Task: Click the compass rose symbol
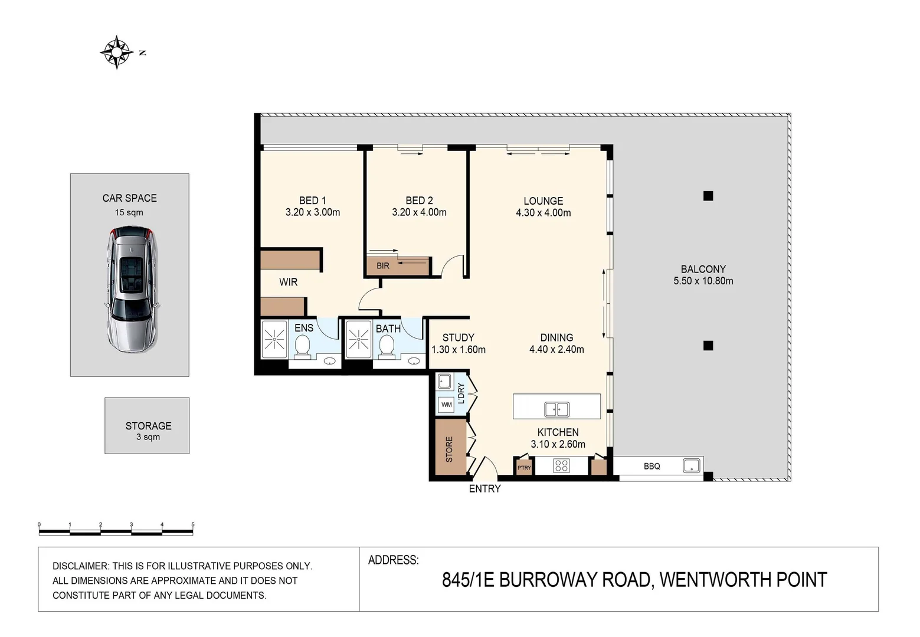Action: point(117,52)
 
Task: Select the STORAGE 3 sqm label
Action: point(148,430)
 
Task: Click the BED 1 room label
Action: point(312,201)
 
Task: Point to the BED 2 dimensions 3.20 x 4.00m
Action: point(419,212)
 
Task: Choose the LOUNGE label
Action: point(543,201)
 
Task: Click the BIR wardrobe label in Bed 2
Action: point(383,266)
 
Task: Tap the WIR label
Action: point(288,282)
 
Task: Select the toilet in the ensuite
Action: point(303,346)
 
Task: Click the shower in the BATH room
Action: point(358,340)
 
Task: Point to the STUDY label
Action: point(458,337)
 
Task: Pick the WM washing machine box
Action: point(446,405)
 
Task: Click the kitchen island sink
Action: point(556,409)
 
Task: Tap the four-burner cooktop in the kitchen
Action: point(561,467)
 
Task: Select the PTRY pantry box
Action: point(523,467)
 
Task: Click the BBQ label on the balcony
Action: point(651,466)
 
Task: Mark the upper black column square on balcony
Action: point(708,196)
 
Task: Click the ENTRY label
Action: point(484,488)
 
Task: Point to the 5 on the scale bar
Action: point(192,524)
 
